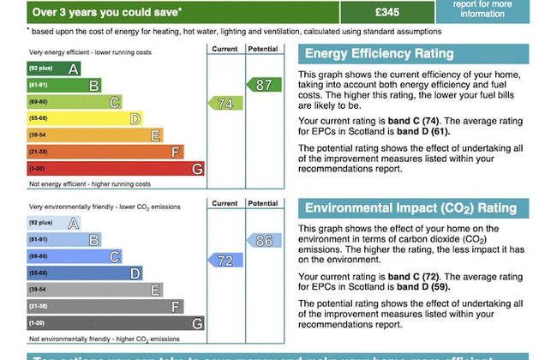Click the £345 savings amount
tap(387, 12)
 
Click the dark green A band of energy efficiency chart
tap(54, 69)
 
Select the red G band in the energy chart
tap(115, 169)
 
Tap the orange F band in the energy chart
tap(105, 152)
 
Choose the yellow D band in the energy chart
tap(84, 118)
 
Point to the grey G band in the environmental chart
tap(115, 323)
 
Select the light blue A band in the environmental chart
tap(54, 224)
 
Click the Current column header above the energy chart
tap(225, 49)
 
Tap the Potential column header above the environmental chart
tap(263, 204)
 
